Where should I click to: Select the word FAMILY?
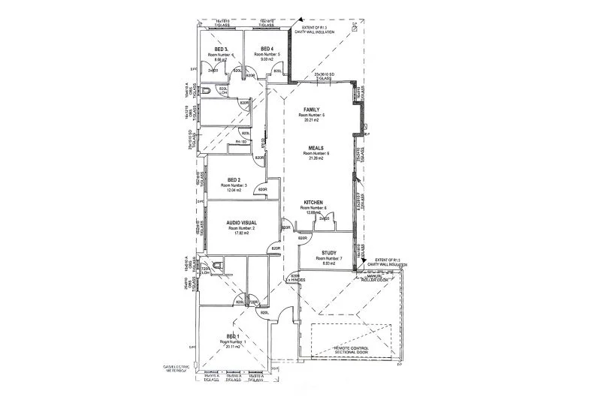pos(312,110)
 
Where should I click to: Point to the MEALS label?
pos(316,149)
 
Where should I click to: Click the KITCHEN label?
pos(313,203)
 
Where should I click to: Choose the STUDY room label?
pos(328,254)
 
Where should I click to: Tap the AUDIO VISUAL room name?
pos(242,223)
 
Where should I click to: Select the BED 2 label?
pos(234,180)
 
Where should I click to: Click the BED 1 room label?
pos(233,336)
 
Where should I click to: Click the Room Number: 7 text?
pos(328,259)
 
